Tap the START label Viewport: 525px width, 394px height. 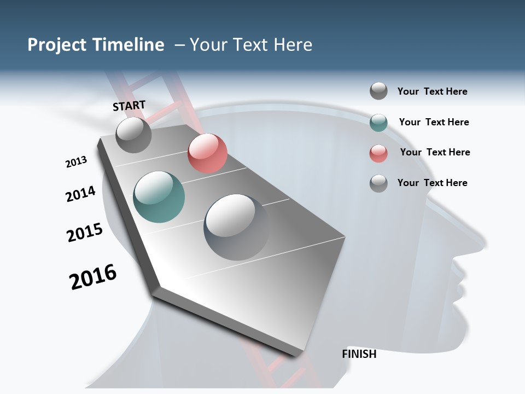click(129, 106)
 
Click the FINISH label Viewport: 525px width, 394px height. click(359, 354)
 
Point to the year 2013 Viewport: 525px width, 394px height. click(77, 162)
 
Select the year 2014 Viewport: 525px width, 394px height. click(81, 194)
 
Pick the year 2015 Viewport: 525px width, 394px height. click(85, 232)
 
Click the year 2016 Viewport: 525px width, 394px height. click(93, 277)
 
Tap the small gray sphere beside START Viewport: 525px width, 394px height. click(133, 135)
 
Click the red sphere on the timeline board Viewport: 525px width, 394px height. click(207, 153)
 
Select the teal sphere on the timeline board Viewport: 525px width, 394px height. click(159, 197)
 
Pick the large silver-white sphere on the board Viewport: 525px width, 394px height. click(236, 227)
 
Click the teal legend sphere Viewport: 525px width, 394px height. click(378, 123)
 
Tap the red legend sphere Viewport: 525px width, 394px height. click(378, 153)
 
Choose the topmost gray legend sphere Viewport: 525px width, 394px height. click(378, 91)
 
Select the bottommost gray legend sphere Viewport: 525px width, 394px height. click(378, 183)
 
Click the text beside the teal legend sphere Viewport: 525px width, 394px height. click(434, 122)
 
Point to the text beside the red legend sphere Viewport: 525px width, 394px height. click(435, 152)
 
